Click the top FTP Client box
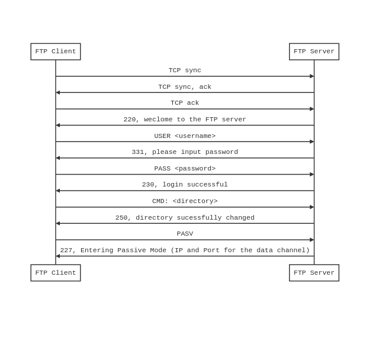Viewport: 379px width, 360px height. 56,52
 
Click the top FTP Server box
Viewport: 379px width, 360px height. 314,52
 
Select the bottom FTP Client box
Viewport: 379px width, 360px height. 56,273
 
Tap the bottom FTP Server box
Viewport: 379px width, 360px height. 314,273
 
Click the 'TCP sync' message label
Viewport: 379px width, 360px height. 185,70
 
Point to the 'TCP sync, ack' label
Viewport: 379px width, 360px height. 185,86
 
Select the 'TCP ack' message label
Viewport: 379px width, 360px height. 185,103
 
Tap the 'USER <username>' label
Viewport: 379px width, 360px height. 185,136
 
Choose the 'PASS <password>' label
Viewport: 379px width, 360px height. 185,168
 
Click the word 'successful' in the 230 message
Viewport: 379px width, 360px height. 207,185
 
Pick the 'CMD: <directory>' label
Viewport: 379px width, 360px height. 185,201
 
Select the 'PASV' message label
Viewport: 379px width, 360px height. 185,234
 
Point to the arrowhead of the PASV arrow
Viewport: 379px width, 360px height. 312,240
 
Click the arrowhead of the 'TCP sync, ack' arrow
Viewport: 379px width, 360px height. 58,92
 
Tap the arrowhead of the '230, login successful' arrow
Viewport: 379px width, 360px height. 58,191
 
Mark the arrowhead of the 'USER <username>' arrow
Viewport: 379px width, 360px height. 312,142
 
